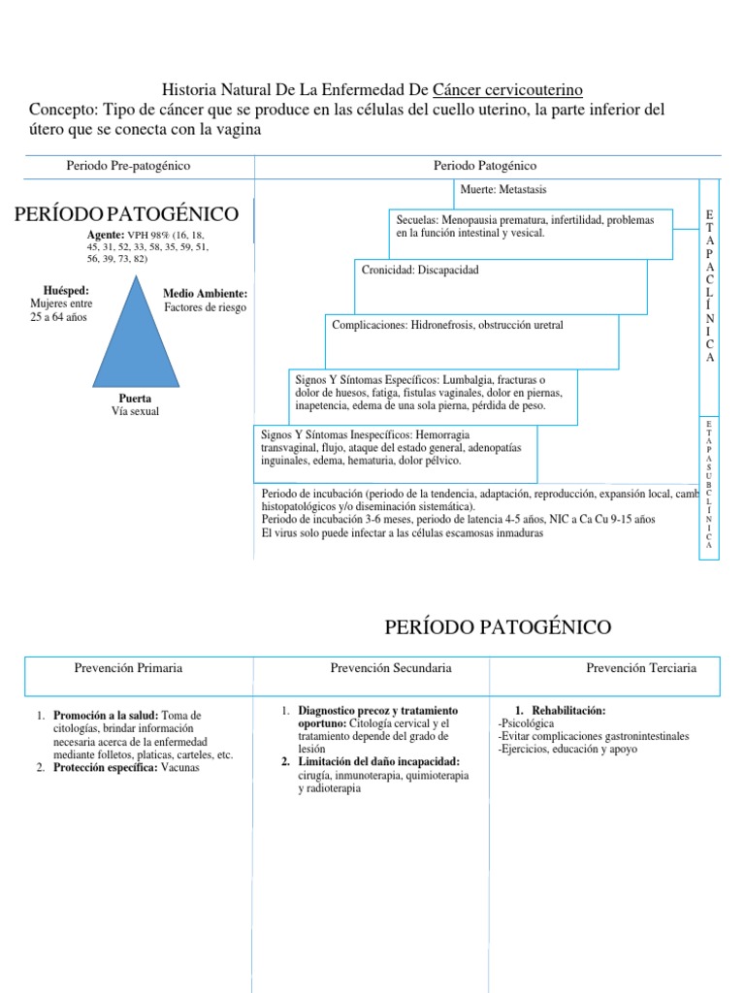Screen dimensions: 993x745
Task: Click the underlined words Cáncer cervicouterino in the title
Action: [x=507, y=90]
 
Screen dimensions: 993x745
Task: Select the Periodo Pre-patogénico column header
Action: [x=128, y=166]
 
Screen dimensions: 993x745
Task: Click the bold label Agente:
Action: [x=106, y=236]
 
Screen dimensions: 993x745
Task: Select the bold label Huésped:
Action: [x=66, y=290]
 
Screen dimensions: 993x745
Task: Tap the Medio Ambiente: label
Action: [x=205, y=293]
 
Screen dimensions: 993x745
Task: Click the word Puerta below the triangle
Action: [x=135, y=399]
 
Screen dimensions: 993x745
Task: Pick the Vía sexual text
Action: [x=135, y=411]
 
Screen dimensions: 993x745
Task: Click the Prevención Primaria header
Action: [x=128, y=668]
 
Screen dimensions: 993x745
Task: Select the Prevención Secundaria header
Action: [x=390, y=668]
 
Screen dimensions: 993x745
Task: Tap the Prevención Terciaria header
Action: [x=641, y=668]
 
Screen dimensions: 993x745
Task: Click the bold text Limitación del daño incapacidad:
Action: [x=379, y=761]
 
